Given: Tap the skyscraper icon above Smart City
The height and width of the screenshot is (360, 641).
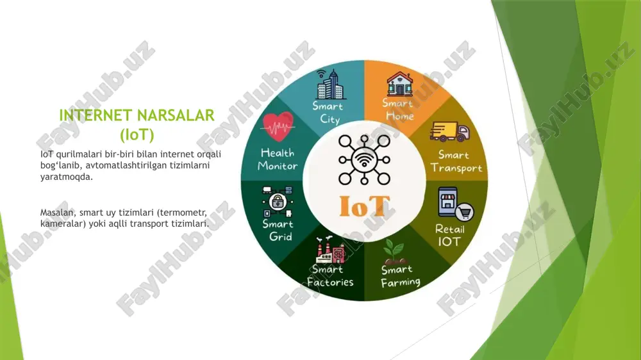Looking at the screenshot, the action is [x=331, y=84].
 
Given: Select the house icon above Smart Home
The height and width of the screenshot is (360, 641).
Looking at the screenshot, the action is [x=399, y=84].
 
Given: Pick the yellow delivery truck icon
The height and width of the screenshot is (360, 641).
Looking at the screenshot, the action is [x=449, y=131].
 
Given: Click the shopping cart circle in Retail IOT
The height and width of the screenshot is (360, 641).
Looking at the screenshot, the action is [x=464, y=211].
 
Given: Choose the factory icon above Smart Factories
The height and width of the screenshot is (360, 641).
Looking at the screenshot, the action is [x=330, y=250].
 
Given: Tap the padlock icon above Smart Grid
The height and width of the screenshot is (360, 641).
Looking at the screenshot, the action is [x=278, y=201].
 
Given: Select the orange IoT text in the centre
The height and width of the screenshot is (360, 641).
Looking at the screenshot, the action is [x=365, y=206].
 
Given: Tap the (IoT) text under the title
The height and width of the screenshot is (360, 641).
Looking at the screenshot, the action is [x=137, y=135].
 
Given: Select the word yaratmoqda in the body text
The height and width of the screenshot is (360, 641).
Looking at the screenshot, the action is [x=67, y=177].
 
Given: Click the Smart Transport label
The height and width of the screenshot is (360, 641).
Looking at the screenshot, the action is [x=456, y=161].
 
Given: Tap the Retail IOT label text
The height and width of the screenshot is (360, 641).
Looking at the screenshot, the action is [x=450, y=235].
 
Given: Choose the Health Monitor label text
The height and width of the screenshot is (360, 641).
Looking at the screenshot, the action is [x=278, y=160].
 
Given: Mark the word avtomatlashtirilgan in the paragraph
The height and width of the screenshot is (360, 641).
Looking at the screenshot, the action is [x=127, y=165].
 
